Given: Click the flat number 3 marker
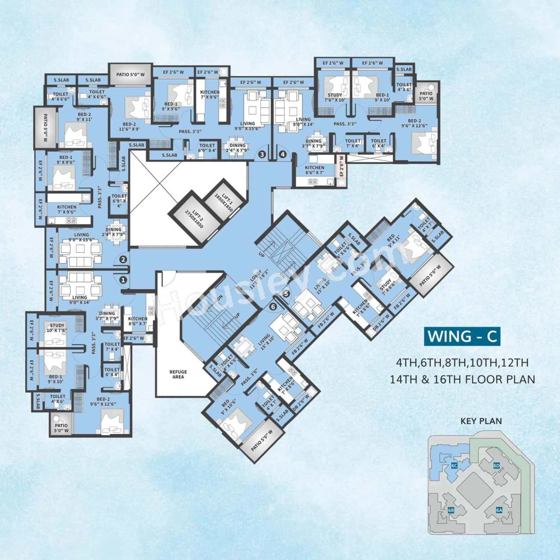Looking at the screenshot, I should (262, 154).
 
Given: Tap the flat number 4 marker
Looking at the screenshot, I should (282, 154).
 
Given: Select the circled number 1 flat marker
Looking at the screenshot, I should (123, 280).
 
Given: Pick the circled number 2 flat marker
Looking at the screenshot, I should (123, 259).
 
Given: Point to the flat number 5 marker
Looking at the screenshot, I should (286, 293).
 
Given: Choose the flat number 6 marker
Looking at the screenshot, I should (273, 307).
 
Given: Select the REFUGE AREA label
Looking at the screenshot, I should (178, 374).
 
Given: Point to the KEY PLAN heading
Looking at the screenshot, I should (481, 421).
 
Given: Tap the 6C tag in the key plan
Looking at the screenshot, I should (455, 466).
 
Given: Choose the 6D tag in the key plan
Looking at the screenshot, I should (496, 466).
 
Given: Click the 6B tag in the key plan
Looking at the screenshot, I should (451, 510).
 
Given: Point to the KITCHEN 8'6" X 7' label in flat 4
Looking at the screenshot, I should (314, 170).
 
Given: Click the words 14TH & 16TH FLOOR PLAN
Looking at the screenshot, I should (462, 379).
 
